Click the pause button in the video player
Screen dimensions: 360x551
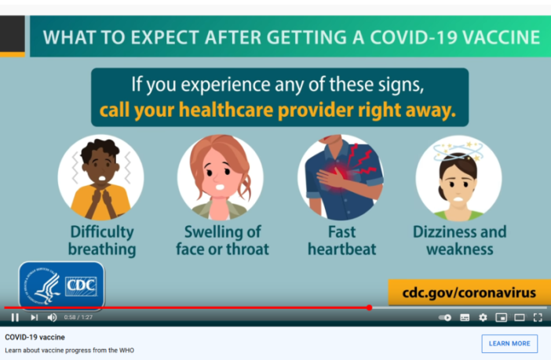point(15,318)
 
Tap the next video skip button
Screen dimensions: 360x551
point(34,318)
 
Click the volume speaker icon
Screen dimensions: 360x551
point(52,318)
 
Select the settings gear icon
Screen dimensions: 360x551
point(483,318)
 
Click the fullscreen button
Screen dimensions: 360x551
point(538,318)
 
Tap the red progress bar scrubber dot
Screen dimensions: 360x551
point(369,307)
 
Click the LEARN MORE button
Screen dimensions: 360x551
point(509,344)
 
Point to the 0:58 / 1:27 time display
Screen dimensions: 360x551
point(78,318)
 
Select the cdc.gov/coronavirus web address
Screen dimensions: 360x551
point(469,293)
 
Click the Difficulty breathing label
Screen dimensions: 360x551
point(101,241)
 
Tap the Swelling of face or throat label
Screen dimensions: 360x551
point(222,241)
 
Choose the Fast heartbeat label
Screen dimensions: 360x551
point(341,241)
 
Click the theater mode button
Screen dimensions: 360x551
point(519,318)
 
